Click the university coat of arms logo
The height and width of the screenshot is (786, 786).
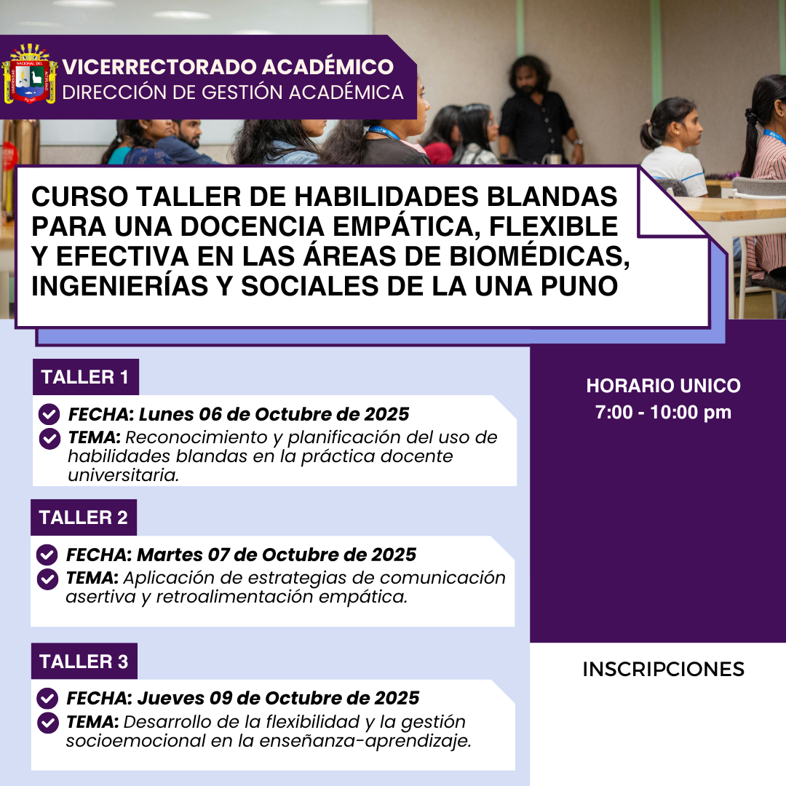[x=30, y=74]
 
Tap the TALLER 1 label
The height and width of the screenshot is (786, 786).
[x=85, y=377]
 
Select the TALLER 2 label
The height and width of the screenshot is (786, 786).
[x=84, y=517]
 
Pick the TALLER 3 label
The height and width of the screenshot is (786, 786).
[x=84, y=661]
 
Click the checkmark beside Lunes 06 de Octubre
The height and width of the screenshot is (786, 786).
[x=49, y=415]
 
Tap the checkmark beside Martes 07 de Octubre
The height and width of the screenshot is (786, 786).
[x=47, y=555]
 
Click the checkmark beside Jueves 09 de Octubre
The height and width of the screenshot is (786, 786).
[x=47, y=698]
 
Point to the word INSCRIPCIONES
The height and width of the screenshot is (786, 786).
[x=663, y=670]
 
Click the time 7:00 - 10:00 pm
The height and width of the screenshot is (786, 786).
[x=663, y=412]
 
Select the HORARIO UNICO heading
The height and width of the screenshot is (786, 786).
[x=663, y=386]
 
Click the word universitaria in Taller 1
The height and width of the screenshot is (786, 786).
[x=123, y=475]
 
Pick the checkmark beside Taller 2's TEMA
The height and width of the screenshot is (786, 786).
[x=47, y=579]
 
